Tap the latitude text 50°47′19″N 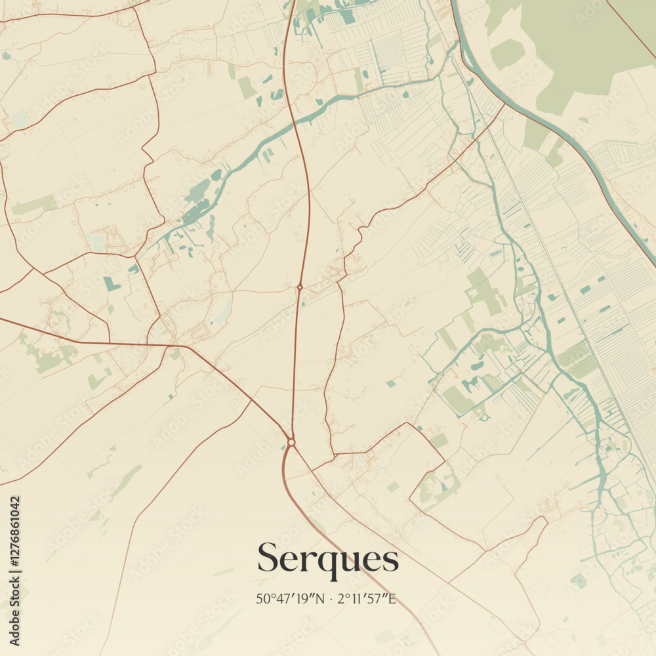click(x=291, y=598)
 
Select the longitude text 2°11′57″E click(x=367, y=598)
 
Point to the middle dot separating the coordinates click(x=331, y=598)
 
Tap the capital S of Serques click(x=269, y=558)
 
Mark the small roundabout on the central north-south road click(x=300, y=287)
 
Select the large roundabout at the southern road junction click(x=291, y=442)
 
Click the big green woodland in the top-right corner click(x=577, y=46)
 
